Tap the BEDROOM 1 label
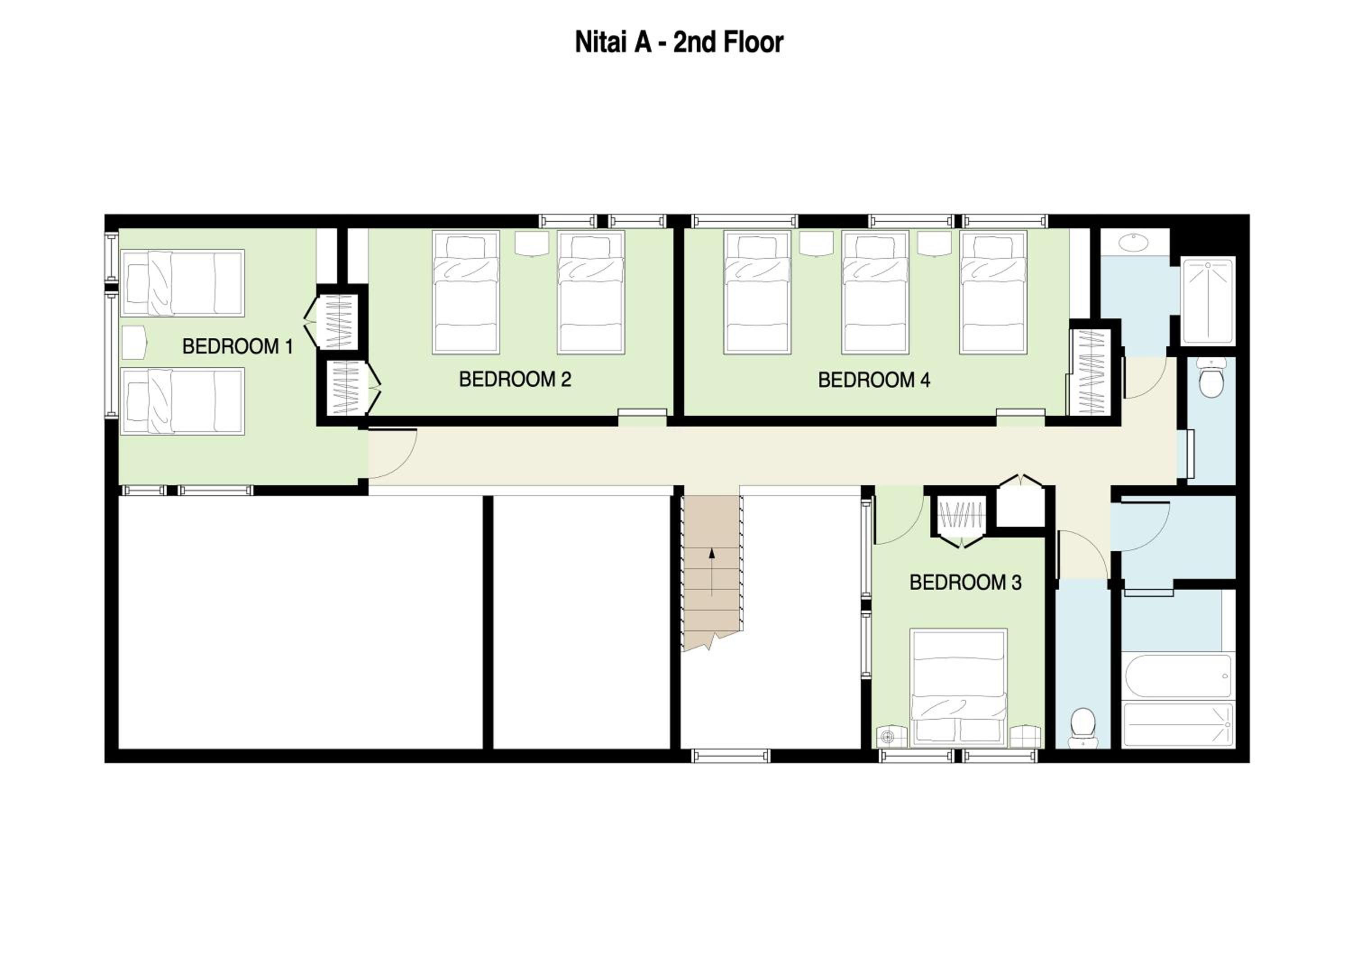click(x=238, y=346)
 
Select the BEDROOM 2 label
click(x=515, y=379)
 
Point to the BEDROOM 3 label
click(x=965, y=583)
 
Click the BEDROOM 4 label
click(x=874, y=380)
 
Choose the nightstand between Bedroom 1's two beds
click(x=134, y=342)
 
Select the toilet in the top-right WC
click(x=1212, y=378)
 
